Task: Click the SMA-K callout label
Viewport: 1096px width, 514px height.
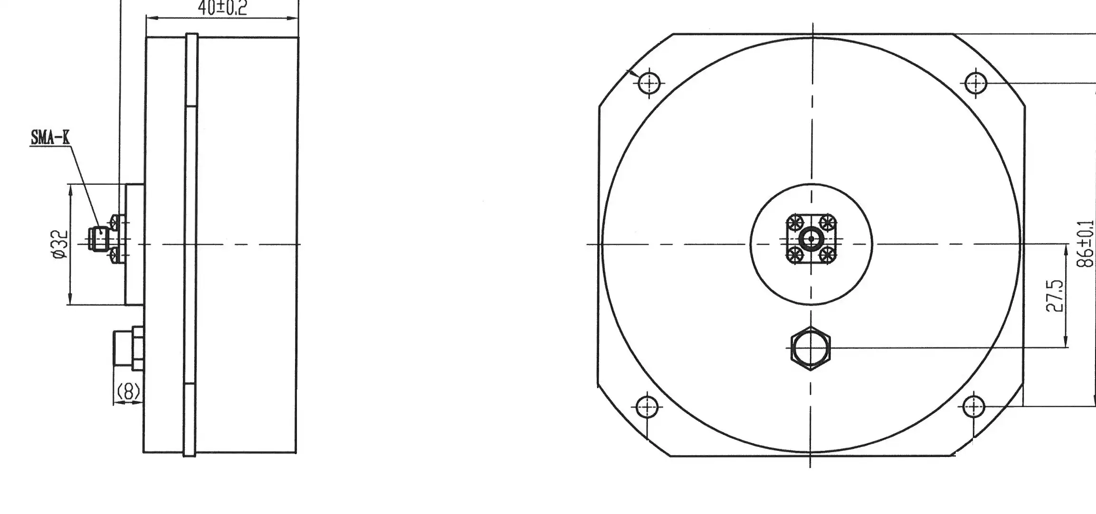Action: click(x=50, y=138)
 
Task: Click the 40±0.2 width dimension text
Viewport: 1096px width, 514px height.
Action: click(x=222, y=8)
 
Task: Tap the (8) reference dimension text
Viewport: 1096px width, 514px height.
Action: click(x=128, y=392)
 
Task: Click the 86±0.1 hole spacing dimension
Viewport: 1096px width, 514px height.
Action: click(x=1086, y=245)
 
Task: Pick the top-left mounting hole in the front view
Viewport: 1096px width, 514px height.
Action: click(x=648, y=84)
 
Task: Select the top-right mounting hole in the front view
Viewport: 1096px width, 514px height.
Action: click(x=976, y=84)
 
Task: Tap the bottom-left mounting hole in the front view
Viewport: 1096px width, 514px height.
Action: click(x=647, y=407)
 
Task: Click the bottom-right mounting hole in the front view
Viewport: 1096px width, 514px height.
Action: click(x=974, y=407)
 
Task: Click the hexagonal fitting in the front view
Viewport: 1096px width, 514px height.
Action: click(x=810, y=348)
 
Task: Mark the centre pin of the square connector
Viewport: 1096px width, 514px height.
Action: click(x=811, y=239)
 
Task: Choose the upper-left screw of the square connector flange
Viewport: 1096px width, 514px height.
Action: click(x=794, y=222)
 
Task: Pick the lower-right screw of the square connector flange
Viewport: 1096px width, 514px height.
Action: click(x=828, y=256)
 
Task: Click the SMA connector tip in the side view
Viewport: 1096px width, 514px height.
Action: click(x=93, y=239)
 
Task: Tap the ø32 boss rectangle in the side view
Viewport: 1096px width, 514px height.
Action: click(x=134, y=245)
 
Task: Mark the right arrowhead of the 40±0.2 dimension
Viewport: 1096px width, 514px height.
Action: click(x=295, y=19)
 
